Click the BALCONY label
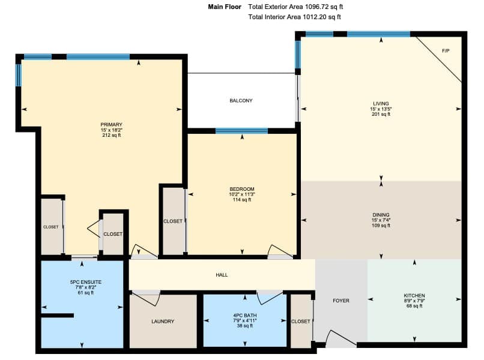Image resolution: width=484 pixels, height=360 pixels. [241, 101]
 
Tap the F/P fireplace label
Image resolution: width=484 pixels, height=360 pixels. [446, 51]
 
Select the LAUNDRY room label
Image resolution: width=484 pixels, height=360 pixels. [163, 322]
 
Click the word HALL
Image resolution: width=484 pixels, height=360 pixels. [222, 275]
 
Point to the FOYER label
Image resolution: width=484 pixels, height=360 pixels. [340, 301]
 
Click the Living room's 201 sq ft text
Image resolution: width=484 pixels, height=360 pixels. [381, 114]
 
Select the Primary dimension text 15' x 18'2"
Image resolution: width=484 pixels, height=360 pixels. [112, 130]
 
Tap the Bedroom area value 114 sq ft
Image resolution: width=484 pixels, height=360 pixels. [241, 200]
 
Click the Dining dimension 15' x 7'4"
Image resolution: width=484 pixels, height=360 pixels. [381, 220]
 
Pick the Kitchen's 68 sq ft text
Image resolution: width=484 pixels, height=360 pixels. [414, 306]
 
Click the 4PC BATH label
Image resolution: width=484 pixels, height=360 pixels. [245, 316]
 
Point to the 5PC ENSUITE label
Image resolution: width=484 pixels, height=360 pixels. [85, 282]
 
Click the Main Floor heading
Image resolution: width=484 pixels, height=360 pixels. [225, 7]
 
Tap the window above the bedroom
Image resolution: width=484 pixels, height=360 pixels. [241, 131]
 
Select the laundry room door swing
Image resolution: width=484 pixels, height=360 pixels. [147, 298]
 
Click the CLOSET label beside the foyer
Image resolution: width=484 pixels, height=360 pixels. [301, 322]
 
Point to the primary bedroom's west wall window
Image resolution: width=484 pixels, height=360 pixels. [19, 75]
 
